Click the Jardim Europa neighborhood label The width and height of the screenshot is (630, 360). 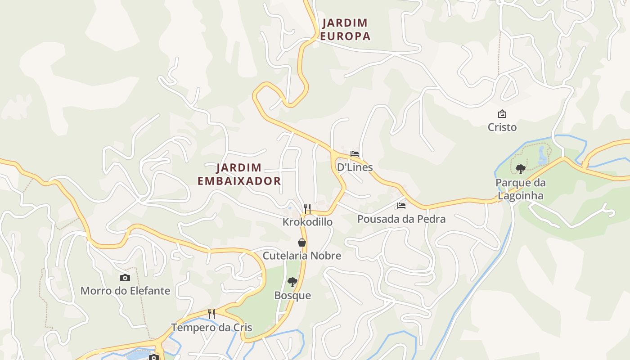345,29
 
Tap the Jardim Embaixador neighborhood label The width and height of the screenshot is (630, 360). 239,174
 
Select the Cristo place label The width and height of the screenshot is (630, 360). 502,127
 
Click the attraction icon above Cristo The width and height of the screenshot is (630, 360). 502,114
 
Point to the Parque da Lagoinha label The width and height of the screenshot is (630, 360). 520,189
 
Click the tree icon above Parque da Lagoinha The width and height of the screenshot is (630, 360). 521,169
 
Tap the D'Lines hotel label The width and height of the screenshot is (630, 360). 355,167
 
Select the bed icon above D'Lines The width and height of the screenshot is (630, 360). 355,154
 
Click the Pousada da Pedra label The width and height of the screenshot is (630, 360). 401,219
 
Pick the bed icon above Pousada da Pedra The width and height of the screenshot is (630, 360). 401,206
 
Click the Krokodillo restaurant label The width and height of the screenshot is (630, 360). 307,222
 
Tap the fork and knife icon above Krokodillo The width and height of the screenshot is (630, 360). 307,208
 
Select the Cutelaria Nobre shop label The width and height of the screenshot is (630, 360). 302,256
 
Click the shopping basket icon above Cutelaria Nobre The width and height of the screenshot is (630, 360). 302,243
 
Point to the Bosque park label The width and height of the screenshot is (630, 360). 292,295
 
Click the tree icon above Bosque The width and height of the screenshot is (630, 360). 292,282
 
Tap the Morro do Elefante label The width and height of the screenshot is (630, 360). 125,291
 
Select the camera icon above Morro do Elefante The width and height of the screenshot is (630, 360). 125,278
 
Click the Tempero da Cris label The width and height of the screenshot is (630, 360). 211,327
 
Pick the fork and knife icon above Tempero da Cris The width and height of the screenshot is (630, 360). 211,314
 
